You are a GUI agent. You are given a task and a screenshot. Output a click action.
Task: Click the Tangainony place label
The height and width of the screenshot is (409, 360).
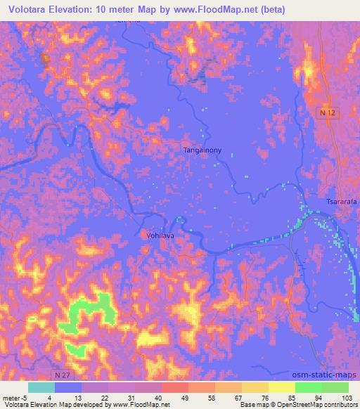pos(203,150)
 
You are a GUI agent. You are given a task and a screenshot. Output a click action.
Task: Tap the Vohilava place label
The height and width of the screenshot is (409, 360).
pos(160,237)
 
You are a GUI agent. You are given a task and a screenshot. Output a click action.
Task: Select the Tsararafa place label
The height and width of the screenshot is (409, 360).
pos(341,202)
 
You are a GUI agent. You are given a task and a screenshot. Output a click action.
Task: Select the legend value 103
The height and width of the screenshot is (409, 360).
pos(348,397)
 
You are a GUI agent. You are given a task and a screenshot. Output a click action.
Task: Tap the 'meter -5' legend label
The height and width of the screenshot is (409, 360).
pos(13,397)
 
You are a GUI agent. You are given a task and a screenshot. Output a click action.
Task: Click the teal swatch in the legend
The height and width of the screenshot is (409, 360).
pos(41,387)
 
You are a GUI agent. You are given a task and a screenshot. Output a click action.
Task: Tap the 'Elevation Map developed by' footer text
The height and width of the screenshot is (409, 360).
pos(68,405)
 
